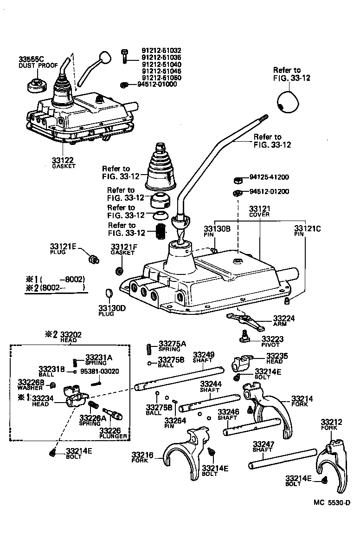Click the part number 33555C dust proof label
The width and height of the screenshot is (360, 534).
(31, 62)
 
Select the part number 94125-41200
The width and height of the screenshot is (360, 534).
(269, 177)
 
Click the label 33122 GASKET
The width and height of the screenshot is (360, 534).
(62, 163)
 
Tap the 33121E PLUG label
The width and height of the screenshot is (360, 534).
(63, 248)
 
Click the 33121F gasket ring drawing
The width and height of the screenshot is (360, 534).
(119, 270)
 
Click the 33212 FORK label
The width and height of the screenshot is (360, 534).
(331, 424)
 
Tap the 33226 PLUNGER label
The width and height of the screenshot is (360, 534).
(113, 433)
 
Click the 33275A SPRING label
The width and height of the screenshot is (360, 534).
(172, 346)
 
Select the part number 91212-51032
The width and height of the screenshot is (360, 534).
(161, 51)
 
